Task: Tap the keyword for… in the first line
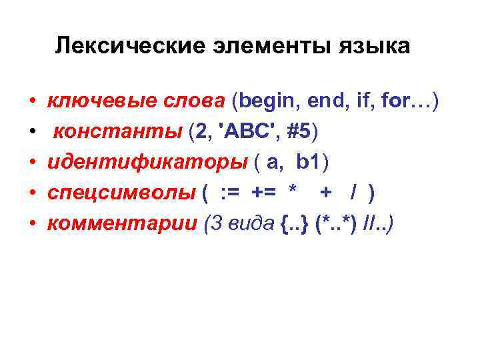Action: [407, 102]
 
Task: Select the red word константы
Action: [117, 133]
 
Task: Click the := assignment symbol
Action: [231, 194]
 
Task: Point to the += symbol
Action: [264, 194]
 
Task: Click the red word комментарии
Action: [122, 224]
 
